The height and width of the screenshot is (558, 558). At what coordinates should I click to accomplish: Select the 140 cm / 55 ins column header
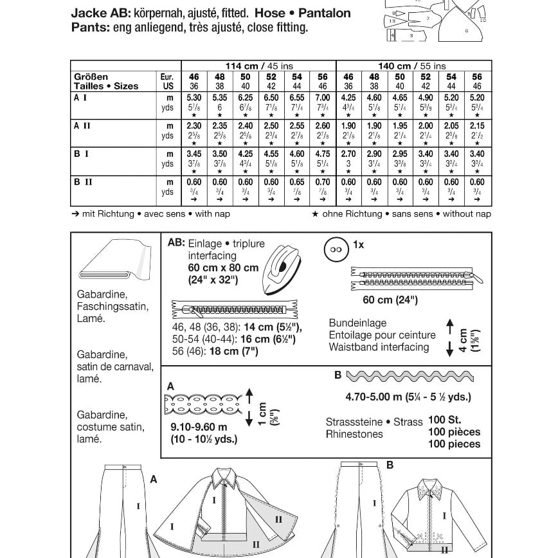(412, 66)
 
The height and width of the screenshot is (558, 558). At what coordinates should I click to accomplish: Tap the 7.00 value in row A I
(322, 99)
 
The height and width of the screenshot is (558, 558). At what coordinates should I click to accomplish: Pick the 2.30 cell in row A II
(194, 127)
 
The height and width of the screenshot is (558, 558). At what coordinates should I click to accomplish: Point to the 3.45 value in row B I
(194, 154)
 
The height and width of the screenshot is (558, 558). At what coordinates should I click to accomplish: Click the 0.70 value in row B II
(322, 182)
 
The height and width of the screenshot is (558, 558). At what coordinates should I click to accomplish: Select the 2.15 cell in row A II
(477, 127)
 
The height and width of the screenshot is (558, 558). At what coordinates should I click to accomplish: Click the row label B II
(84, 182)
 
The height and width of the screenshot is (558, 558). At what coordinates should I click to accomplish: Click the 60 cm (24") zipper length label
(390, 300)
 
